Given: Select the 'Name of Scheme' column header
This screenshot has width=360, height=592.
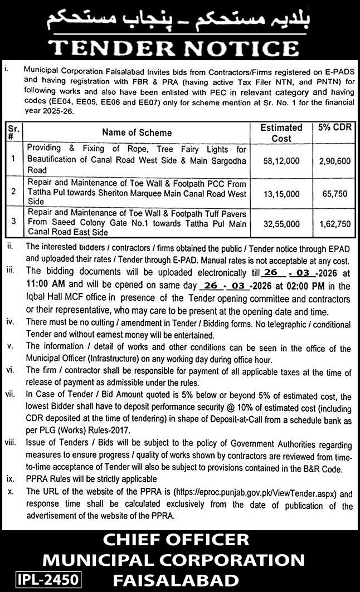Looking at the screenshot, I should pos(137,133).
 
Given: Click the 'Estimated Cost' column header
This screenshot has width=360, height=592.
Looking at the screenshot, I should pos(281,133).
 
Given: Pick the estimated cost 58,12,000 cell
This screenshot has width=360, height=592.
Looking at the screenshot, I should pos(281,159).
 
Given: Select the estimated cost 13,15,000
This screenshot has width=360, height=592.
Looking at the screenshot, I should pos(281,192).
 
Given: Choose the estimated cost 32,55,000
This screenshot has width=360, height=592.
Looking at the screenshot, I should pos(281,223).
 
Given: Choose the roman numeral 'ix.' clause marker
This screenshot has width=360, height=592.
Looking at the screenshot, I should pos(10,479).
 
